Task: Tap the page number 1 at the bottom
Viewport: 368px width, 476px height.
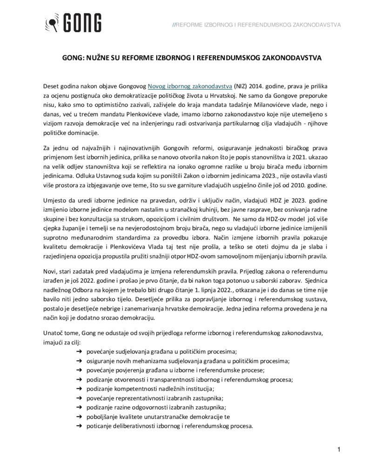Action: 340,449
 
